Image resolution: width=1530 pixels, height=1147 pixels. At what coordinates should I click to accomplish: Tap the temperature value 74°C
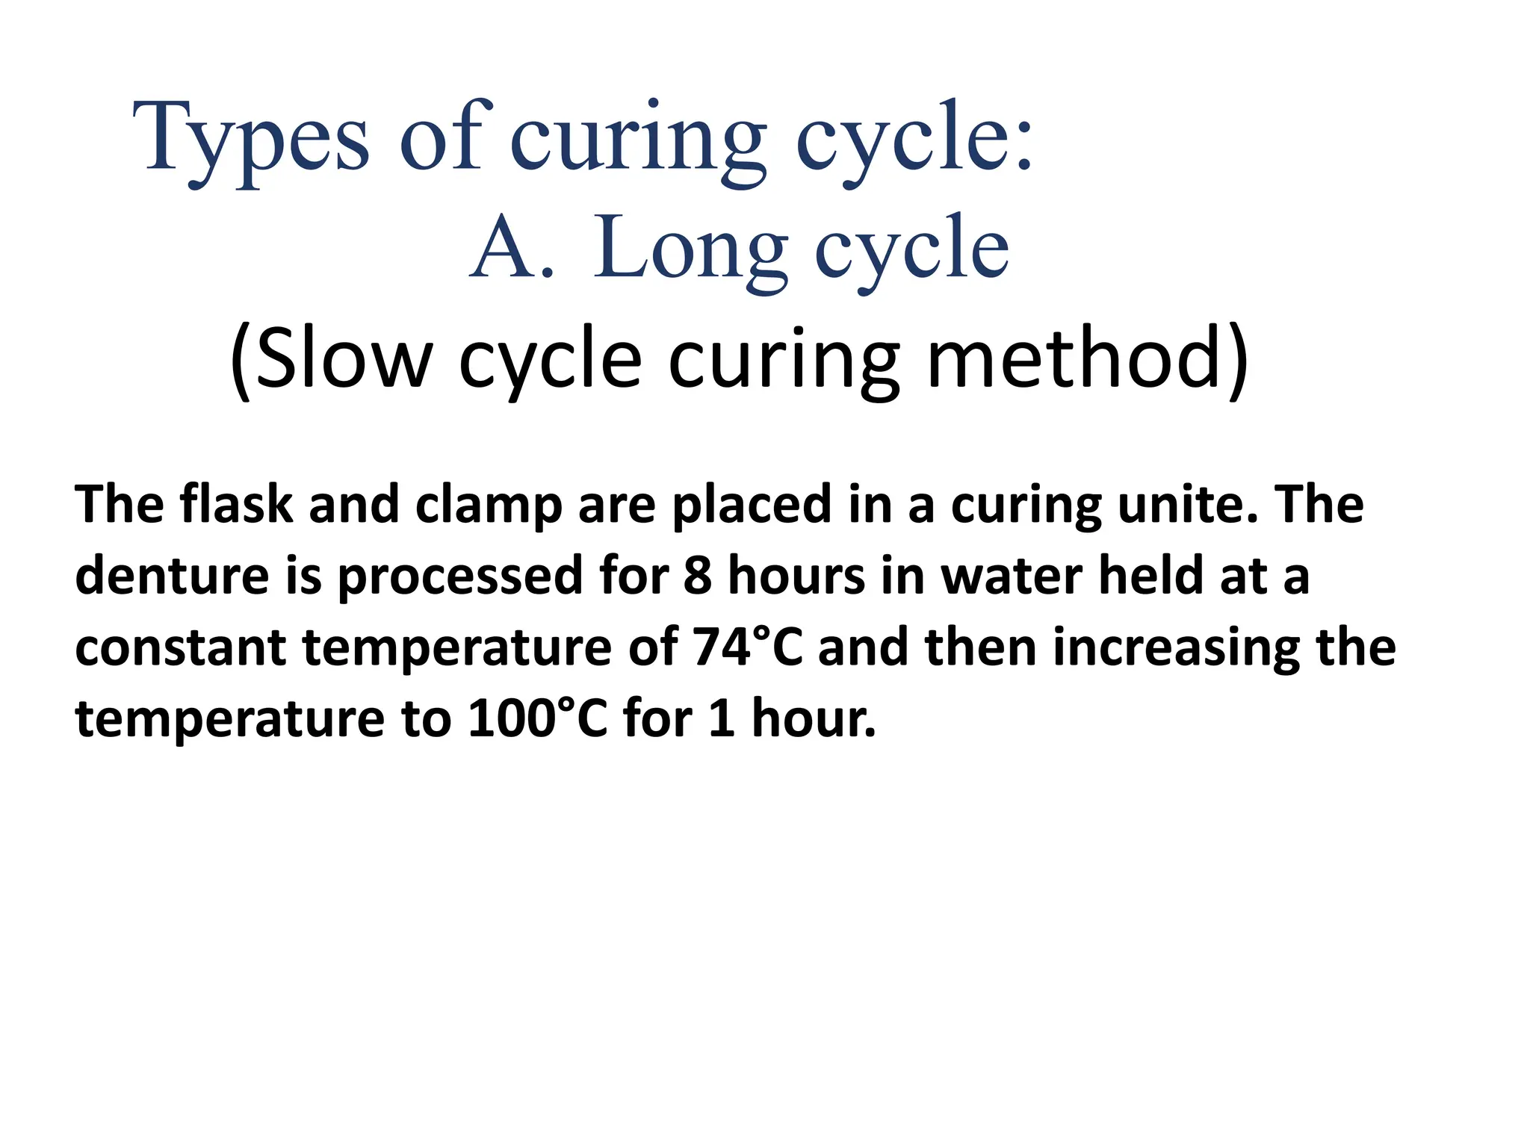click(x=748, y=646)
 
